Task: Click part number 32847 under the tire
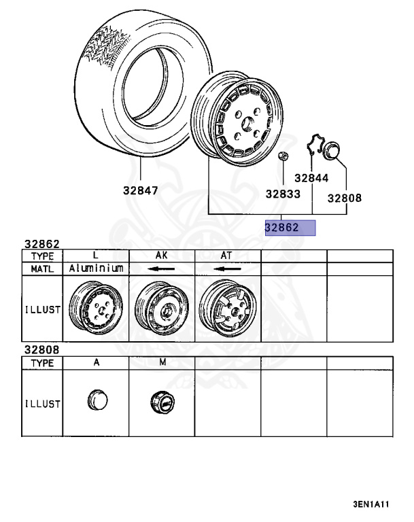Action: click(x=140, y=190)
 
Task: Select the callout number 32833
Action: click(x=283, y=194)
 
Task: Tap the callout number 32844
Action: click(x=311, y=178)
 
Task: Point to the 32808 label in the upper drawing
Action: click(x=345, y=198)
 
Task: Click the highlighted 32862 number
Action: click(x=281, y=228)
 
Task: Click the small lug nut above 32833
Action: click(x=283, y=156)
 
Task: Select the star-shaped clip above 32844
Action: click(x=315, y=143)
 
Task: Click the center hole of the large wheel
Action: click(x=247, y=124)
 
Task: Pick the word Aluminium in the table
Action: click(x=96, y=268)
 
